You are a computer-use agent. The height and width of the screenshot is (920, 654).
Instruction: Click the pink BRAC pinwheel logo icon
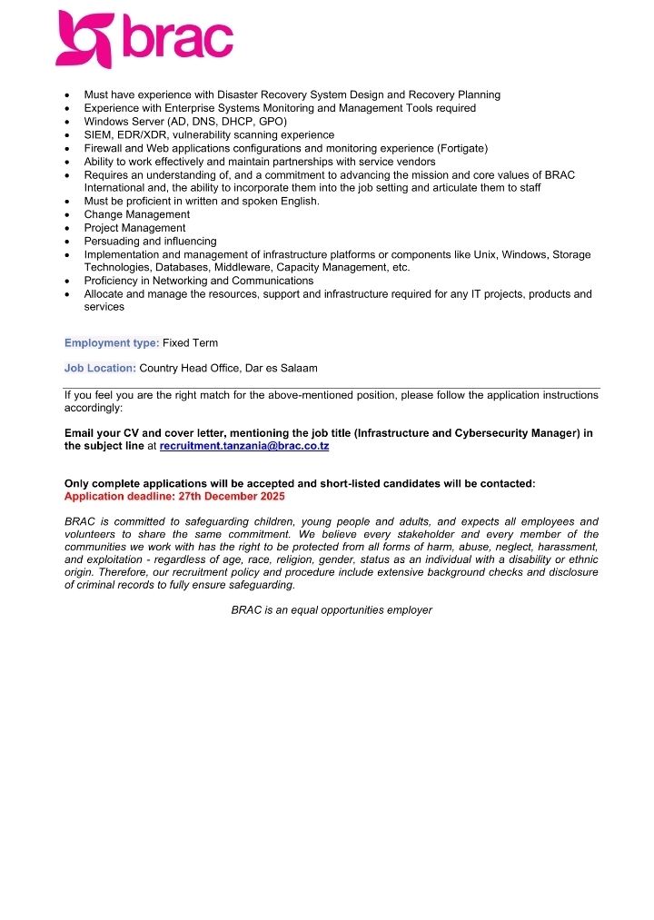pos(85,39)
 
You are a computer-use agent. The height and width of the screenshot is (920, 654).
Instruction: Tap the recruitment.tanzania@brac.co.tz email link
pos(243,447)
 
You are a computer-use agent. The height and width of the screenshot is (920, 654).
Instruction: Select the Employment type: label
pos(112,342)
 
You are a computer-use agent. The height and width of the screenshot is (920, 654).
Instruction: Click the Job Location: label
pos(100,368)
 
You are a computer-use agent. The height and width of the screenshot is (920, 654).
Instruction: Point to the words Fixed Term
pos(190,342)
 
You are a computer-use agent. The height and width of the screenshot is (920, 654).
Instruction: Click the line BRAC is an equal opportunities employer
pos(332,609)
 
